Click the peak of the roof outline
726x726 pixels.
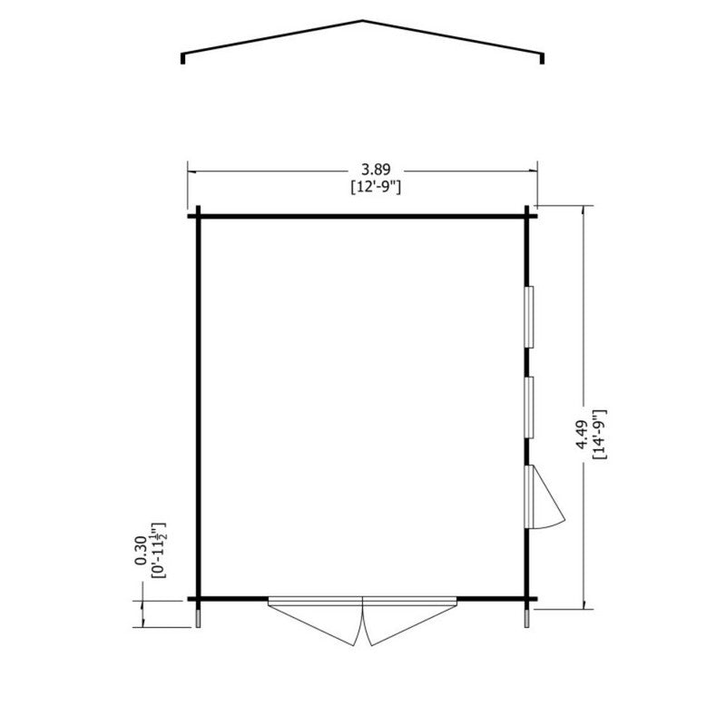coord(363,20)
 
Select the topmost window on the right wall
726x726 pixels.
coord(532,316)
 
